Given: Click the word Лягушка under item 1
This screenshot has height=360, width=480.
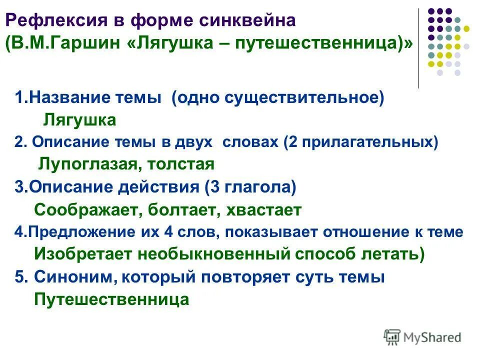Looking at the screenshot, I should pyautogui.click(x=79, y=120).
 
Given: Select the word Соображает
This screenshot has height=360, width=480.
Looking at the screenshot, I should pyautogui.click(x=87, y=210).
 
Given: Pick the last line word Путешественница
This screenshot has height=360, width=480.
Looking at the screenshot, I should pyautogui.click(x=111, y=299).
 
